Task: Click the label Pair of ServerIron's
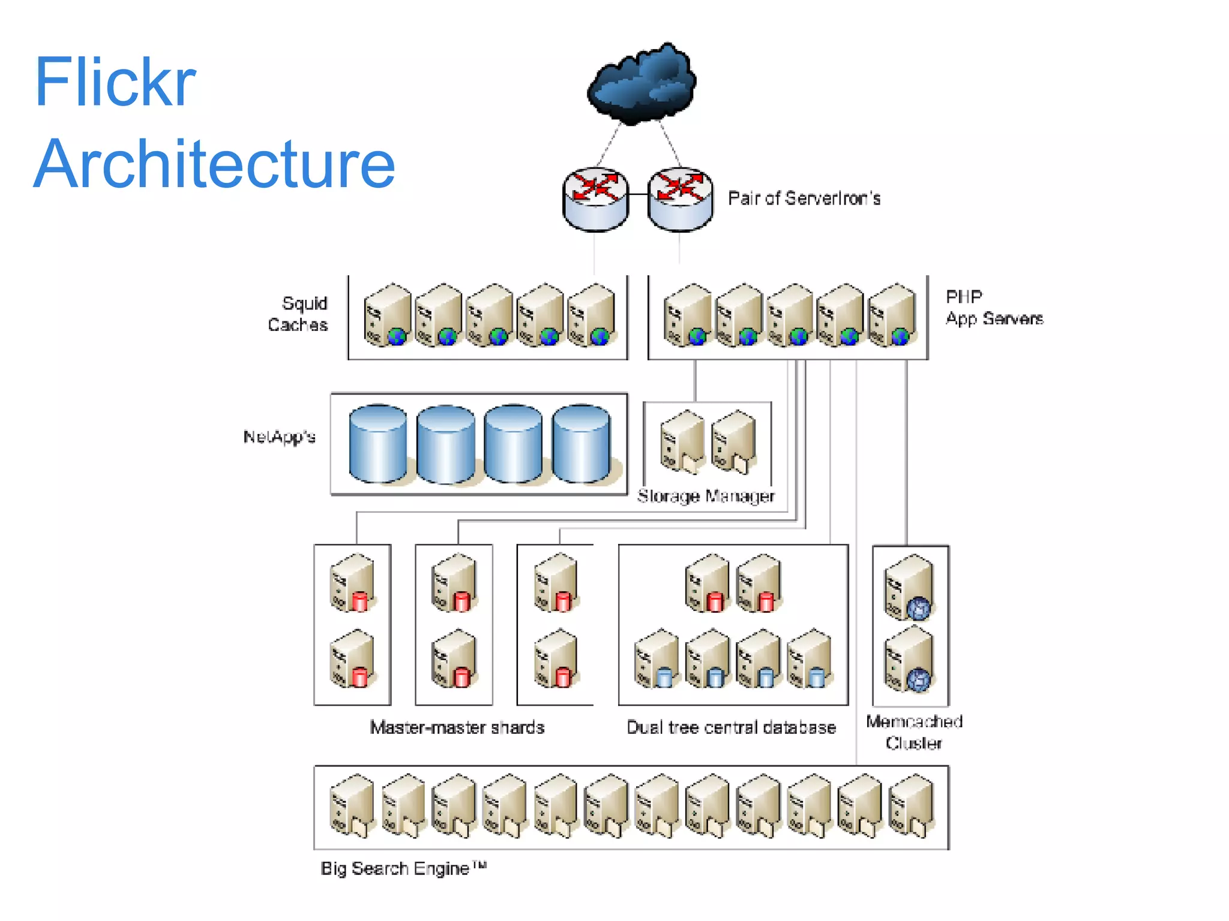pos(804,198)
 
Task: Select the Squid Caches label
pos(298,314)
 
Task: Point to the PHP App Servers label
pos(994,308)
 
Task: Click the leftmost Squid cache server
pos(387,315)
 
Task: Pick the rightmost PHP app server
pos(893,315)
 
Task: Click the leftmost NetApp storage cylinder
pos(377,443)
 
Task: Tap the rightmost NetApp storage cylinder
pos(581,443)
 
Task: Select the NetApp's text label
pos(279,437)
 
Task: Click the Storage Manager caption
pos(706,496)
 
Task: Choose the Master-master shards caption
pos(457,727)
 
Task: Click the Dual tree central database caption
pos(731,727)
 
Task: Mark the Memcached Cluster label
pos(914,732)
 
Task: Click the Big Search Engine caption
pos(403,868)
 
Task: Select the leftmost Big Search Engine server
pos(352,806)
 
